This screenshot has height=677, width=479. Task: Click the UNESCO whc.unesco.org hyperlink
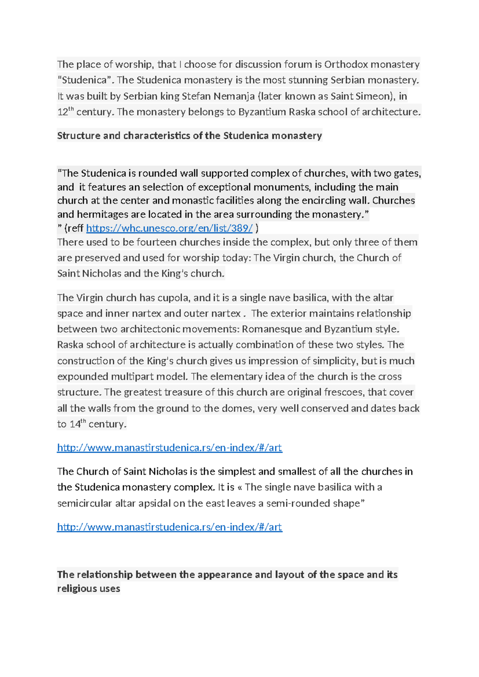tap(169, 228)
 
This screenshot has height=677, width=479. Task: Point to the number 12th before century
tap(65, 111)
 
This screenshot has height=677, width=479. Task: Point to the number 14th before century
tap(77, 424)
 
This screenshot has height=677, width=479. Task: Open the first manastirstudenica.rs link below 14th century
tap(169, 448)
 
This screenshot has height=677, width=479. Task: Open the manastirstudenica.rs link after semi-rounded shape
tap(169, 527)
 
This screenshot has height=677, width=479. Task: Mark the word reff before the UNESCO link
tap(75, 228)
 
